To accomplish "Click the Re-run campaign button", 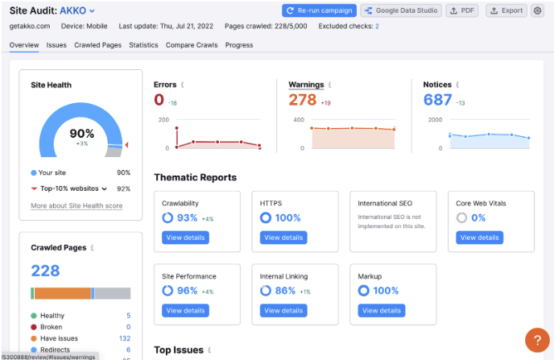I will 319,10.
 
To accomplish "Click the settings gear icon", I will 538,10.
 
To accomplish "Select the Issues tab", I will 56,45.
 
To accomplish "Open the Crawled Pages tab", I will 97,45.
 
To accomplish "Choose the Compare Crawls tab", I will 192,45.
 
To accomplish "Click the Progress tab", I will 239,45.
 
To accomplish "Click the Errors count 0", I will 159,100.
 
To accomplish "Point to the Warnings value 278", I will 303,100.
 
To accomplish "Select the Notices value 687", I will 438,100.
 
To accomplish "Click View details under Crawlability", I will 184,238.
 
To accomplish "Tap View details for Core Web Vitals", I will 479,238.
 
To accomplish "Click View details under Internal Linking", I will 283,310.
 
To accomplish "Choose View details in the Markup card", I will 381,310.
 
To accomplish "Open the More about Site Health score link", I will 76,206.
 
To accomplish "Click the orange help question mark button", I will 536,340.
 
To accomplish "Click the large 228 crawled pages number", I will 45,271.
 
